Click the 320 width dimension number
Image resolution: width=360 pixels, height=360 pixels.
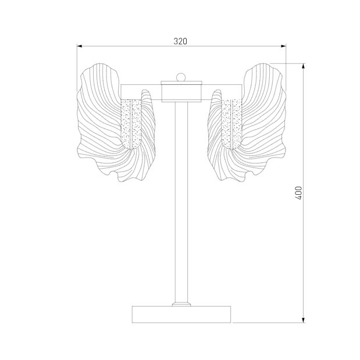point(180,41)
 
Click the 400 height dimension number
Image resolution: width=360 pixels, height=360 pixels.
point(298,193)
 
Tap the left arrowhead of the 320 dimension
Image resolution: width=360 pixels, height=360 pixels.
point(80,46)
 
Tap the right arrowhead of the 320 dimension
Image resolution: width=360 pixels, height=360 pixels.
point(283,46)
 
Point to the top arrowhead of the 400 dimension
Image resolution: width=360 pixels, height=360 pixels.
point(303,66)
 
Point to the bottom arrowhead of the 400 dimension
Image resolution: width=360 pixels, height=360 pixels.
point(303,320)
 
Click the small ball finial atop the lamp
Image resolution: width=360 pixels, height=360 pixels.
point(181,77)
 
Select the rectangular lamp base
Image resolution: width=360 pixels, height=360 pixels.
point(181,314)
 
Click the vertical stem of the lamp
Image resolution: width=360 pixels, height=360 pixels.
point(181,202)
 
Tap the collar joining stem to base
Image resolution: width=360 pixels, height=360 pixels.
point(181,304)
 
